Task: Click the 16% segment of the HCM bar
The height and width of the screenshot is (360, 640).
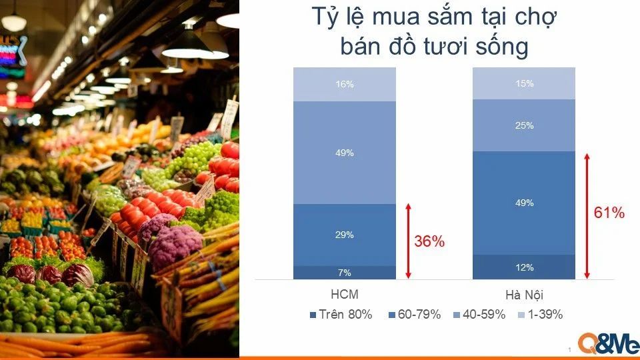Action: point(345,84)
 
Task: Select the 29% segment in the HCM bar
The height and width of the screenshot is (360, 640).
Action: point(345,235)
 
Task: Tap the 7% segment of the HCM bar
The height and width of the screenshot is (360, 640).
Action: point(345,273)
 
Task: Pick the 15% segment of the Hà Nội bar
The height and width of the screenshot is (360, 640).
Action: point(524,83)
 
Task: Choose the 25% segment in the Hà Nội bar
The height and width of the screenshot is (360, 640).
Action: point(524,125)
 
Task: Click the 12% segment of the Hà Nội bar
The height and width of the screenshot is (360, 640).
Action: point(524,267)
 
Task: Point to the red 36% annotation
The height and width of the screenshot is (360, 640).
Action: point(429,241)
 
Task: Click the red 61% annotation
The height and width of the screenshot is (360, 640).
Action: point(609,213)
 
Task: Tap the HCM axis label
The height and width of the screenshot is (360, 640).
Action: point(345,294)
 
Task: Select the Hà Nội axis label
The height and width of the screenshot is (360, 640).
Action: point(524,295)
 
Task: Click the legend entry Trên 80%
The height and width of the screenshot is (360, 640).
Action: point(341,314)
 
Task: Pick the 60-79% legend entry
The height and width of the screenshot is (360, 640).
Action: point(415,314)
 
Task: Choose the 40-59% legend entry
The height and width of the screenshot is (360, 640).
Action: point(479,314)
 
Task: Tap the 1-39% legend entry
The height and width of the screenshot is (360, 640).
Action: point(541,314)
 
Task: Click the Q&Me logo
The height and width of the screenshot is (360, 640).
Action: point(608,343)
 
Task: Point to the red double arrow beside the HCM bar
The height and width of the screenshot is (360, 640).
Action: point(408,241)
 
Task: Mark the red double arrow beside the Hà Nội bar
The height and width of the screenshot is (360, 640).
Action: point(587,216)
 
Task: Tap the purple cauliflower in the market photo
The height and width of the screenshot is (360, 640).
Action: point(175,246)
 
